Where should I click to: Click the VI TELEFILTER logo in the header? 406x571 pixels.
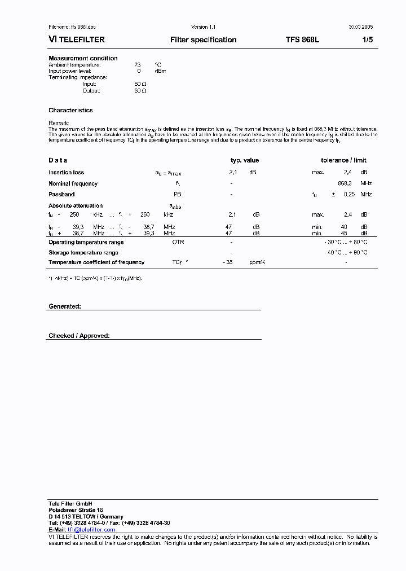click(x=77, y=40)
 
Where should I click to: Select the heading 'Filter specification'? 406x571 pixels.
click(x=203, y=40)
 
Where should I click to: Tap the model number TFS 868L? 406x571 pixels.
click(x=302, y=40)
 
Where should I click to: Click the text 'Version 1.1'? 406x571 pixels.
click(x=203, y=27)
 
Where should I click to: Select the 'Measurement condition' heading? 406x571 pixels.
click(x=83, y=58)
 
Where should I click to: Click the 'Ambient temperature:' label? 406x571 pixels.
click(x=74, y=65)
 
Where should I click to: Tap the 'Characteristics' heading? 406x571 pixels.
click(x=70, y=111)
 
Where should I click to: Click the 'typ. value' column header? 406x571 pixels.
click(x=245, y=161)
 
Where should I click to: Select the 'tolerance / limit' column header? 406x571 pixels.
click(x=343, y=161)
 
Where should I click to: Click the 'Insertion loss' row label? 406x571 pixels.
click(x=66, y=173)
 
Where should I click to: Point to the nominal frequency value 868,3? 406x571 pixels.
click(x=345, y=183)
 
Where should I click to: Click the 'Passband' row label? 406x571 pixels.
click(x=61, y=194)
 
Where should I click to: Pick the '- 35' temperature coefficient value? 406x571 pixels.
click(x=228, y=262)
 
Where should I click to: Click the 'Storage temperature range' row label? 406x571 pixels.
click(x=83, y=253)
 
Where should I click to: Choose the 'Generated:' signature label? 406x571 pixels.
click(x=65, y=306)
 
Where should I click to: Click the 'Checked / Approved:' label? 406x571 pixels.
click(x=79, y=336)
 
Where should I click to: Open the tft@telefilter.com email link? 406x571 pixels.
click(x=91, y=530)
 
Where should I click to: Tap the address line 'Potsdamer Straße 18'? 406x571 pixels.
click(x=76, y=509)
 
